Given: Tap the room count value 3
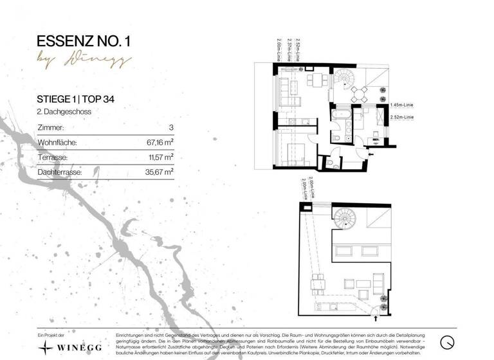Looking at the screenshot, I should tap(170, 128).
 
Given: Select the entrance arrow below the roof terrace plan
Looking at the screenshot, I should tap(376, 316).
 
